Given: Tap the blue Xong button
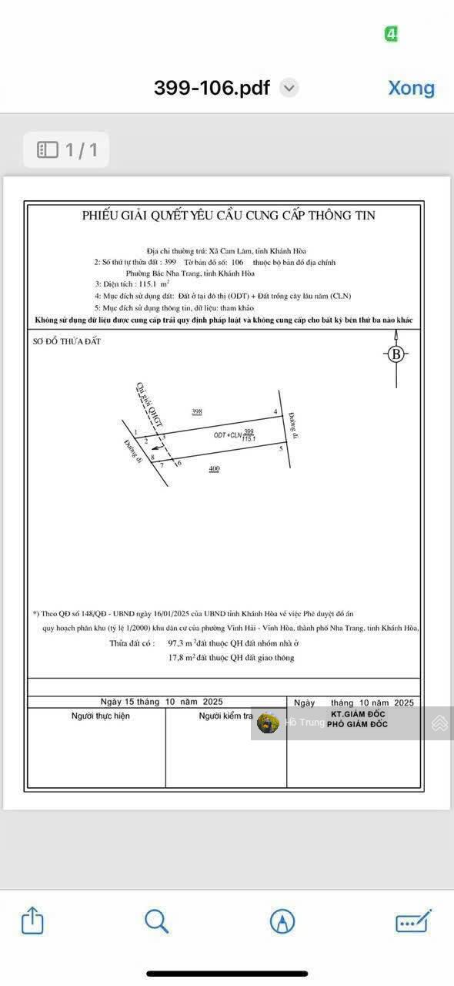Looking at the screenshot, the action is (x=411, y=88).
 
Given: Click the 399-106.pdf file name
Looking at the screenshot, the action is (x=212, y=88).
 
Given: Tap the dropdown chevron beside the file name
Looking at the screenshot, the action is (x=289, y=88).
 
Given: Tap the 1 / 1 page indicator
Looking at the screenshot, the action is (x=67, y=149).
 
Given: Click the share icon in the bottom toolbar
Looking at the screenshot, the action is (x=32, y=921).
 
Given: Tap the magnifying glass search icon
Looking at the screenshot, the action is (x=156, y=921).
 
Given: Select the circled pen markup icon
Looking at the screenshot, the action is (x=282, y=921).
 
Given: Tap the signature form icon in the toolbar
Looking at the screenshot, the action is (x=413, y=921).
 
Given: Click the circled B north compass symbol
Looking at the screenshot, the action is (x=396, y=354).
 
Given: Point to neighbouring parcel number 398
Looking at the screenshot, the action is (x=197, y=412).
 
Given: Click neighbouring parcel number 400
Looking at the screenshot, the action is (x=214, y=468).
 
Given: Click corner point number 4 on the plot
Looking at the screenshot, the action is (x=275, y=412).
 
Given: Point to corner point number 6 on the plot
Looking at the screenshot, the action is (x=179, y=463).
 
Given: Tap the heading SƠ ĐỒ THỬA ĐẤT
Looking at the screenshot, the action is (x=67, y=341).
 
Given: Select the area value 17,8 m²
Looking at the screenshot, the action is (x=182, y=658).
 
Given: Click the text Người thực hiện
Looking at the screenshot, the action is (x=101, y=716).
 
